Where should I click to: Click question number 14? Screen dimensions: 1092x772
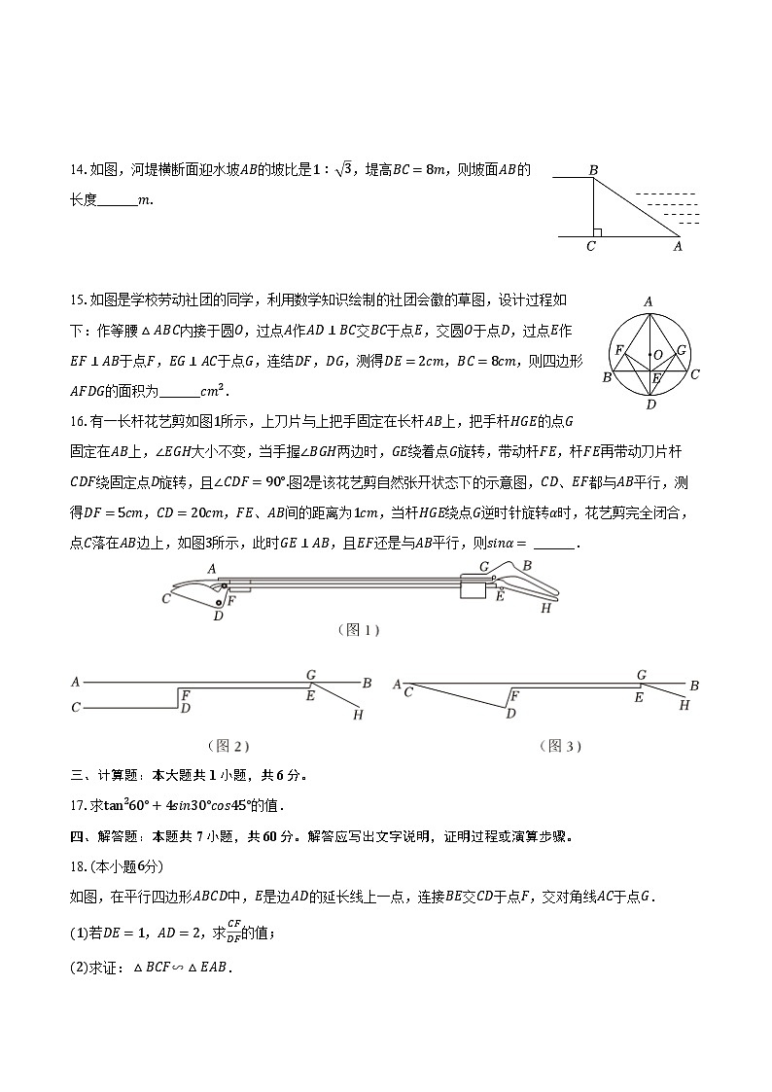[x=78, y=171]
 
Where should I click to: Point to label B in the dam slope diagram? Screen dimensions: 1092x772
[x=592, y=170]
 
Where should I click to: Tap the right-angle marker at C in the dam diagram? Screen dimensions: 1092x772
[x=598, y=231]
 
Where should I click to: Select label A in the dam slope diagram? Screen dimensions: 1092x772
[x=678, y=247]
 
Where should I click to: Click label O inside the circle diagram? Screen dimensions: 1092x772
[x=659, y=354]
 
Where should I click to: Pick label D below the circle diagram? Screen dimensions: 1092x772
[x=650, y=405]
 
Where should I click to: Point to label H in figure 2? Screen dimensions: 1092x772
[x=358, y=715]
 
